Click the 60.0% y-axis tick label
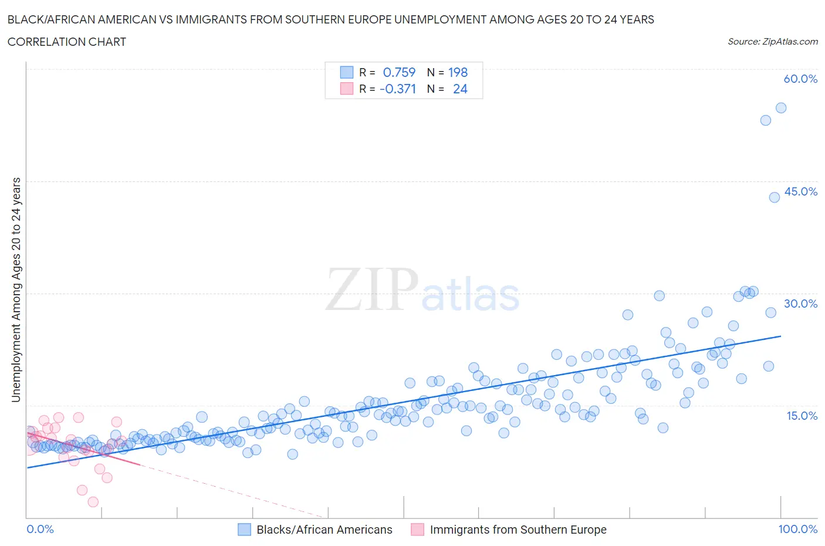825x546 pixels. [x=800, y=79]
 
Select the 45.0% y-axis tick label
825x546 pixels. [x=800, y=191]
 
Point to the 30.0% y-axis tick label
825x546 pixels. [x=800, y=304]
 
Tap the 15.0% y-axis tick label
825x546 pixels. [x=800, y=416]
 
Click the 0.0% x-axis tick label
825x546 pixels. [x=40, y=529]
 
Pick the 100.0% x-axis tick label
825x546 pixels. [x=797, y=529]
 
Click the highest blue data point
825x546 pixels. [x=781, y=108]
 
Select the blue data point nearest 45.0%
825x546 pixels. [x=775, y=197]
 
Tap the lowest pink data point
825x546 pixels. [x=93, y=502]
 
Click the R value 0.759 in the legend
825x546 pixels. [x=399, y=72]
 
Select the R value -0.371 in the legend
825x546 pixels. [x=398, y=89]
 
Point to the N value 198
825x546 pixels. [x=458, y=72]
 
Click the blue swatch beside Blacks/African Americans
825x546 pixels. [x=244, y=530]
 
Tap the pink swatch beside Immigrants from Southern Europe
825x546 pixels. [x=417, y=530]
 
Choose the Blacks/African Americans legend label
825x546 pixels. [x=324, y=530]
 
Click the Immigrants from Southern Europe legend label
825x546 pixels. [x=518, y=530]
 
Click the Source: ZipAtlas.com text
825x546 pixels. [x=772, y=42]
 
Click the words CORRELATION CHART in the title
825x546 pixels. [x=67, y=42]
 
